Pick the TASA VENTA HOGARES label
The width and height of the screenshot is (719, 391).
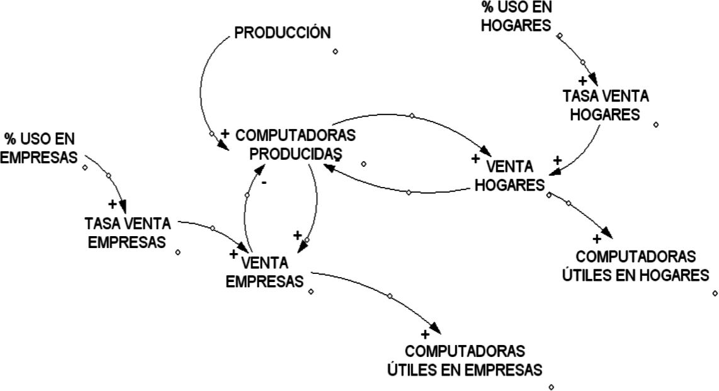coord(606,105)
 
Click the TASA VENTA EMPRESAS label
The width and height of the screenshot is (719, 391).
coord(132,232)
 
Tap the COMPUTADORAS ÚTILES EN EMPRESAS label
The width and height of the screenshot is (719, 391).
coord(465,360)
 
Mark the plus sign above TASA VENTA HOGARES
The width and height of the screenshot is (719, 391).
coord(582,81)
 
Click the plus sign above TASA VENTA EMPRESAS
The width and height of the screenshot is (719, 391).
coord(112,204)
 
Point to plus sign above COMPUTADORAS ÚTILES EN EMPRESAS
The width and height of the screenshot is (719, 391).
coord(425,334)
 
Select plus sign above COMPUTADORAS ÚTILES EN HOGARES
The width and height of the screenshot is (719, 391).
coord(597,239)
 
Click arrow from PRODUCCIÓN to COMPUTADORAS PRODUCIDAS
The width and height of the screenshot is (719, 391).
coord(201,94)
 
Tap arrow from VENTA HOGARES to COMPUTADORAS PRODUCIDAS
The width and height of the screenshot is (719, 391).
coord(409,191)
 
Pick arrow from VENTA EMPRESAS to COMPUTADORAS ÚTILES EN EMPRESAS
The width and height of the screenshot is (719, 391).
coord(390,295)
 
